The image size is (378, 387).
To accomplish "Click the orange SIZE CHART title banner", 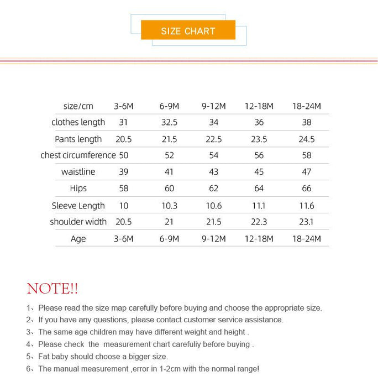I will (x=188, y=30).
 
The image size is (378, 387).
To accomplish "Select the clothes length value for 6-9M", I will (x=169, y=122).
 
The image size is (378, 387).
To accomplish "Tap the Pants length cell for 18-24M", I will (x=307, y=139).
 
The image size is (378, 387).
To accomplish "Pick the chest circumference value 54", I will (x=214, y=155).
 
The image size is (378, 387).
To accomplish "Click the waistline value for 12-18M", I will (x=259, y=172).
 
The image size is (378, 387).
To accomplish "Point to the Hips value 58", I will (x=124, y=189).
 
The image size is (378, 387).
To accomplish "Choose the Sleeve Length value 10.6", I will (x=214, y=206).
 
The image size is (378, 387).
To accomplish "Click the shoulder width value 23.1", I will (x=307, y=222).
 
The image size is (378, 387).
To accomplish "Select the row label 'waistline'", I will (x=78, y=172).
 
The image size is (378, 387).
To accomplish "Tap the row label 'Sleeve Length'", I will (x=78, y=206).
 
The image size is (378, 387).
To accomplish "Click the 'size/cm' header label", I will (x=78, y=106).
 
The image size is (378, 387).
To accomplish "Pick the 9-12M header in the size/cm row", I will (x=214, y=106).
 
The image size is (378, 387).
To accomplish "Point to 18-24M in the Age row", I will (x=307, y=239).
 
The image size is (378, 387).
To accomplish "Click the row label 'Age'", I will (x=78, y=239).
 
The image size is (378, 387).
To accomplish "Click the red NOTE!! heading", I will (x=53, y=288).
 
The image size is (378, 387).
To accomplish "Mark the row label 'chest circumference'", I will (x=78, y=155).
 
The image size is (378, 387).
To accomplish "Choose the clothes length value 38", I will (x=307, y=122).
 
